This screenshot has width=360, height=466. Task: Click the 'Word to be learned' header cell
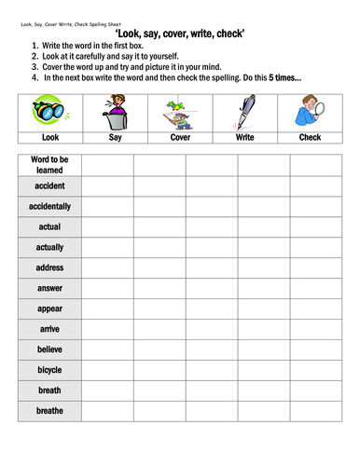coord(50,166)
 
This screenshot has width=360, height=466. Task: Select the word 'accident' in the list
coord(50,186)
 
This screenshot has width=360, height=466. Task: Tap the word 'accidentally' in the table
coord(50,206)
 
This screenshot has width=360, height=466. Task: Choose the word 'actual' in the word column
coord(50,226)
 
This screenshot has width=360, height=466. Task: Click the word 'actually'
coord(50,247)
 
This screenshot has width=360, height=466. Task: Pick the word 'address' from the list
coord(50,267)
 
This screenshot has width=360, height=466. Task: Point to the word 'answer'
coord(50,288)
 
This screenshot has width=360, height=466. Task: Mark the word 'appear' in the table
coord(50,308)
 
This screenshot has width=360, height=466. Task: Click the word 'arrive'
coord(50,329)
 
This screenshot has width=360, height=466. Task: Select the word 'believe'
coord(50,349)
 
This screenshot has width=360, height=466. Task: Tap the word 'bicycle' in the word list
coord(50,370)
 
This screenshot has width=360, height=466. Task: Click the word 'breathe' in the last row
coord(50,411)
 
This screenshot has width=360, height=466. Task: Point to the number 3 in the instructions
coord(34,67)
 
